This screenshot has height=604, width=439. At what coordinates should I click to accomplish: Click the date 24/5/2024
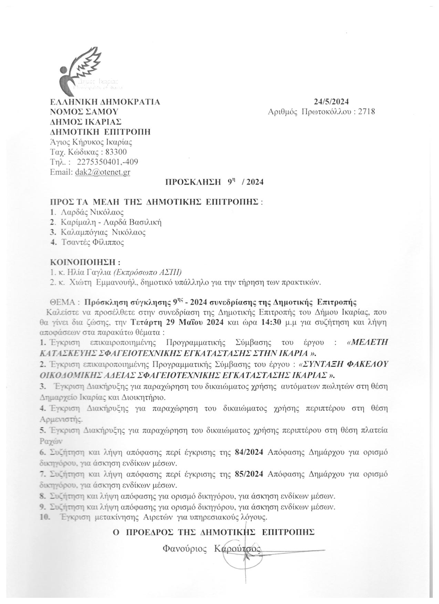click(x=331, y=102)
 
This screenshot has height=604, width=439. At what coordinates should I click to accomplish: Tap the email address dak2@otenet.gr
click(x=102, y=172)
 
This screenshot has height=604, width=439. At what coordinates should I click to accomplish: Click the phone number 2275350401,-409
click(x=108, y=162)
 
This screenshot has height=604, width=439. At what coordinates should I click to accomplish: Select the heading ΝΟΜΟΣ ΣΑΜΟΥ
click(x=84, y=112)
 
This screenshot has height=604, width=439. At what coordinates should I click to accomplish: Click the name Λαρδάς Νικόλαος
click(x=92, y=212)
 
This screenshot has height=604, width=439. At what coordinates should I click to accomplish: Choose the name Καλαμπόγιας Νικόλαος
click(x=103, y=232)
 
